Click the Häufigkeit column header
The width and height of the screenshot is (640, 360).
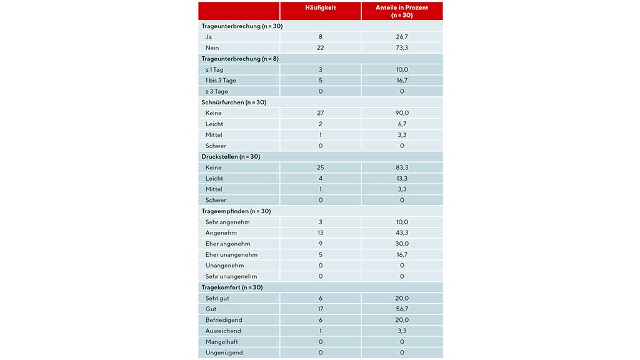(320, 7)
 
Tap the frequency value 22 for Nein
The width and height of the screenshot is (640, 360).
(320, 47)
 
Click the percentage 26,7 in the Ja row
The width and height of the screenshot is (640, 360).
(402, 37)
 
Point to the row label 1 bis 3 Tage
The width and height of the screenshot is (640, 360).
(221, 80)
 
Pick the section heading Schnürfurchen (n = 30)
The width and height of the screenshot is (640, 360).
(234, 102)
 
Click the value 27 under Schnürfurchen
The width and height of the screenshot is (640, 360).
(320, 113)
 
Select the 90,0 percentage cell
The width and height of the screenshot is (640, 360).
(402, 113)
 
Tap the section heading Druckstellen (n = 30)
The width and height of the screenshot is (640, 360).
(231, 156)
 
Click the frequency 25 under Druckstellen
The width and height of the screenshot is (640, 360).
(320, 167)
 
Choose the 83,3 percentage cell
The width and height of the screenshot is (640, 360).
(402, 167)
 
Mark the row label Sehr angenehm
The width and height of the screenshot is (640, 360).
(226, 222)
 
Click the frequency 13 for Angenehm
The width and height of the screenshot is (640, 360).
(320, 232)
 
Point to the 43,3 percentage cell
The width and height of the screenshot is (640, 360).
(402, 232)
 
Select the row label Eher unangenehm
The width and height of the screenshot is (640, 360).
(231, 254)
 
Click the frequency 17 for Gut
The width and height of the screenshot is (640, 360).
(320, 309)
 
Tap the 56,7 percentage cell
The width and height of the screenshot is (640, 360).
(402, 309)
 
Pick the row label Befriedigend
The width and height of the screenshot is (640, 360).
(224, 320)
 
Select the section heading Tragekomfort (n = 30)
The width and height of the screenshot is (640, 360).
(232, 287)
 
